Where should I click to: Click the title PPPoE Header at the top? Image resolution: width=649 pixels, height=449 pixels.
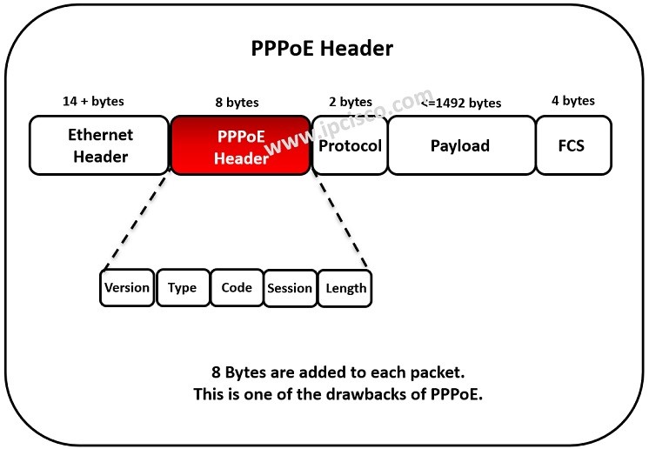click(x=322, y=48)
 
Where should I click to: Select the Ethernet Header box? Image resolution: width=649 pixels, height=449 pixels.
click(x=100, y=145)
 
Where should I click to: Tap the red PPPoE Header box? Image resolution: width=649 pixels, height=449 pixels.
click(x=240, y=145)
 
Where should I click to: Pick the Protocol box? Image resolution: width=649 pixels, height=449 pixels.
click(x=350, y=145)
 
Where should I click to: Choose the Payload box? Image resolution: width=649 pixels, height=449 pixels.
click(x=460, y=145)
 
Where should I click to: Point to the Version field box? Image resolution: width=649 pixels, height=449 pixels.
click(x=127, y=288)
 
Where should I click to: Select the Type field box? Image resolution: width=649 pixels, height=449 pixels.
click(x=183, y=288)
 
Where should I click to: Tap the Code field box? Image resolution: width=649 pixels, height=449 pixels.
click(x=237, y=288)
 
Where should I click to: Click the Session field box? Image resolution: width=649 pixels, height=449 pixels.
click(x=290, y=289)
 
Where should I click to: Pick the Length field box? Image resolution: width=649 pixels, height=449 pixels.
click(x=345, y=289)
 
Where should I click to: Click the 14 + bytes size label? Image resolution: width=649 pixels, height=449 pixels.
click(x=94, y=101)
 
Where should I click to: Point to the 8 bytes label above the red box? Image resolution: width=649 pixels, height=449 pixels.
click(x=237, y=103)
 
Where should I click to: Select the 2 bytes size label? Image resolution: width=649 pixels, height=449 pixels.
click(x=350, y=102)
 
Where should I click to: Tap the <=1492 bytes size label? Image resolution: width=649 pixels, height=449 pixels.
click(x=461, y=103)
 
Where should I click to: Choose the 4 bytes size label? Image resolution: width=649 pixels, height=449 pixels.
click(x=573, y=101)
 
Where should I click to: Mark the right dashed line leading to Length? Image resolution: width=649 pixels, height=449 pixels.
click(x=339, y=222)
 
